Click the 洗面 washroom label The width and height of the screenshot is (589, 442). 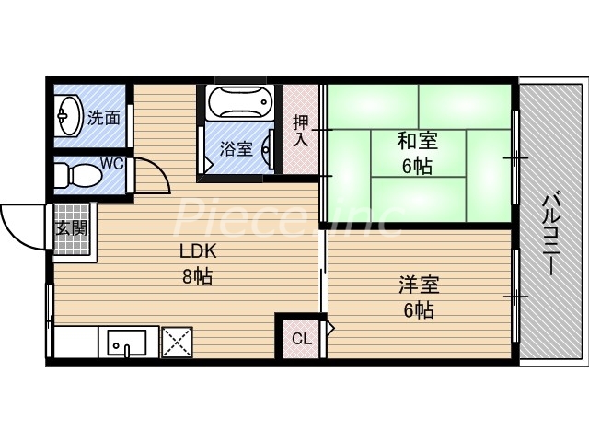104,118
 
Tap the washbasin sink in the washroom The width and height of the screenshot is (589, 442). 67,117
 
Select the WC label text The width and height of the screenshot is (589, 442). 111,164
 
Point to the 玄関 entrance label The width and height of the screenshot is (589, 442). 71,229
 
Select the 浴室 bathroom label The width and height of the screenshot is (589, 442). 237,147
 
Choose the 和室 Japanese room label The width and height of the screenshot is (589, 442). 417,142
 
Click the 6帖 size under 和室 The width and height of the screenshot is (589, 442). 417,167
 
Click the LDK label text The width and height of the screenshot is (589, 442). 198,251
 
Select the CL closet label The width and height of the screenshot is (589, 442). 301,337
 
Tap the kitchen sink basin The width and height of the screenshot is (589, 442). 127,342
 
